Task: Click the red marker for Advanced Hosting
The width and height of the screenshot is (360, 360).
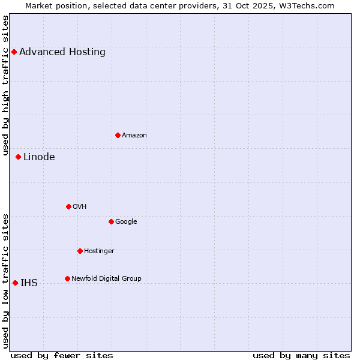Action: tap(14, 52)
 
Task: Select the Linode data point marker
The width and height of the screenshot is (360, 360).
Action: tap(18, 157)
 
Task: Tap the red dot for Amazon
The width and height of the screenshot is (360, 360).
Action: tap(118, 135)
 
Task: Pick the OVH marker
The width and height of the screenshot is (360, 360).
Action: tap(68, 206)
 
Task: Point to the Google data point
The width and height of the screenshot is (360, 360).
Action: tap(111, 221)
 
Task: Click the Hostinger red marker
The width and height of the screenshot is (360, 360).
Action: tap(80, 251)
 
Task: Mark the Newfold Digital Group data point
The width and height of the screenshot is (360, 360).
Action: tap(67, 278)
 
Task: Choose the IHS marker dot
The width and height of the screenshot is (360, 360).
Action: tap(15, 283)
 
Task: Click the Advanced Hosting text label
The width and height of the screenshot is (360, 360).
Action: tap(62, 52)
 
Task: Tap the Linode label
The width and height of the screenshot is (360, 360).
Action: tap(39, 157)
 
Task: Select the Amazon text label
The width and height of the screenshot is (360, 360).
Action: tap(134, 135)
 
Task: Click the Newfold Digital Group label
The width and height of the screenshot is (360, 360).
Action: tap(106, 278)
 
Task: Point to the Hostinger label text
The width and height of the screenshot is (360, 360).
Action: tap(99, 251)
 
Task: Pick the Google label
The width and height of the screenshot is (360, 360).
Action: tap(126, 221)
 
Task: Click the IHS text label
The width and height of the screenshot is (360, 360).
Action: tap(29, 283)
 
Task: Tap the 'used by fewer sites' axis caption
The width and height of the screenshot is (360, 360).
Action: tap(62, 355)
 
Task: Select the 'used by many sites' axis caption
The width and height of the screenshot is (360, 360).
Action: tap(301, 355)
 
